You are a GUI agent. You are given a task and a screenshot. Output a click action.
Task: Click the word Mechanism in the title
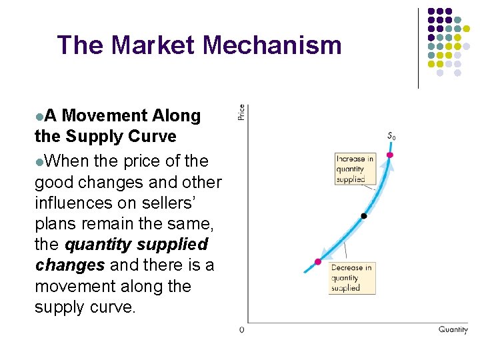[272, 45]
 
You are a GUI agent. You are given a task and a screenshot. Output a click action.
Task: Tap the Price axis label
[241, 112]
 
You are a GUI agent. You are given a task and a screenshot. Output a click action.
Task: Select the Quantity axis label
[453, 329]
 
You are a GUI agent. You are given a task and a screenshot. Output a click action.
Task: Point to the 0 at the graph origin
[241, 330]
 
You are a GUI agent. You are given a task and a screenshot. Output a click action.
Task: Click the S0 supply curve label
[391, 137]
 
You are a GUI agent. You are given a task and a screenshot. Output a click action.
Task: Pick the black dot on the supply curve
[363, 216]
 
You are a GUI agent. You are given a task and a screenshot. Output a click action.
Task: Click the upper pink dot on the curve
[390, 155]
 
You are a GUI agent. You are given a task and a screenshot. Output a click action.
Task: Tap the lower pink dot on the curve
[318, 262]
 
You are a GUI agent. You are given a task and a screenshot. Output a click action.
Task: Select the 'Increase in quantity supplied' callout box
[355, 169]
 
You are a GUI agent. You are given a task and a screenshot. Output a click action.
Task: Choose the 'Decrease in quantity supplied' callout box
[353, 278]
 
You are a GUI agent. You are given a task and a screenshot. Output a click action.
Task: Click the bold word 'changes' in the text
[69, 265]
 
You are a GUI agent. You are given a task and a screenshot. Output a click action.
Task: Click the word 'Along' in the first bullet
[176, 115]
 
